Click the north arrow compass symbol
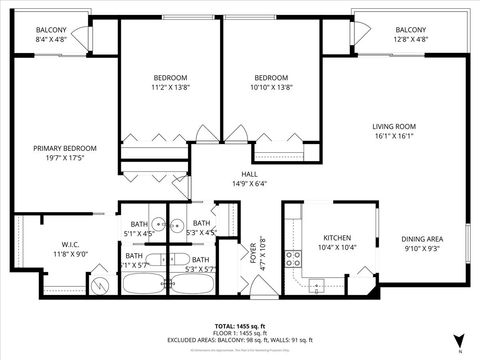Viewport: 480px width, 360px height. [459, 341]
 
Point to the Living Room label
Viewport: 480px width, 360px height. [393, 126]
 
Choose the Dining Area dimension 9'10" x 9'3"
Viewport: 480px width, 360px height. [423, 247]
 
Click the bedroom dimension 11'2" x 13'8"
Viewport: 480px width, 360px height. [169, 87]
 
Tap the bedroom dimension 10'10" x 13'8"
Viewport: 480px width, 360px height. [270, 87]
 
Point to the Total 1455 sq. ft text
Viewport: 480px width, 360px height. [239, 326]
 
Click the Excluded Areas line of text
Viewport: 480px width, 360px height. [239, 339]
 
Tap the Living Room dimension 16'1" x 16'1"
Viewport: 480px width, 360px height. [393, 135]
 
